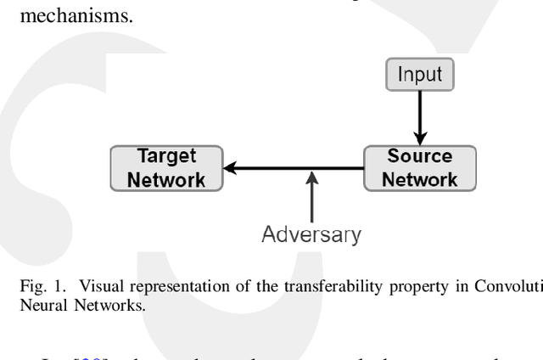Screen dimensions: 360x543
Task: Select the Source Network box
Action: pyautogui.click(x=421, y=168)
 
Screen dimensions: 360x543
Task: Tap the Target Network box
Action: pyautogui.click(x=166, y=168)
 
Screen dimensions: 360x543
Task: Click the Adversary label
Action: pyautogui.click(x=312, y=233)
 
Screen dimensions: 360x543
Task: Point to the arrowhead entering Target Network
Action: pyautogui.click(x=229, y=169)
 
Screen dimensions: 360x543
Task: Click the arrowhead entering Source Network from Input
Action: pyautogui.click(x=421, y=138)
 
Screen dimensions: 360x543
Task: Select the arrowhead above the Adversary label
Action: pyautogui.click(x=312, y=177)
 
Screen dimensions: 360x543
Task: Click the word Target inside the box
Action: pyautogui.click(x=167, y=157)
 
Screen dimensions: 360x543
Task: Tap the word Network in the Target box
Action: pyautogui.click(x=167, y=179)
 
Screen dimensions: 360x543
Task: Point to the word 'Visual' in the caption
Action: pyautogui.click(x=81, y=286)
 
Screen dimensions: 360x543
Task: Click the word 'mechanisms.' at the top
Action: pyautogui.click(x=67, y=15)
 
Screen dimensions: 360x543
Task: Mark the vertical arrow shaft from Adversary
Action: pyautogui.click(x=312, y=200)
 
